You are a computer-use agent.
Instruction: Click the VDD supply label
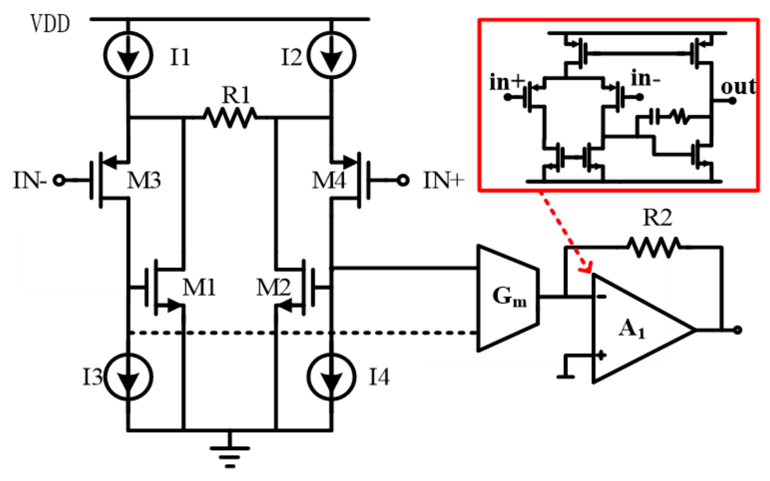50,24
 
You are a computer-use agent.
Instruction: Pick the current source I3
128,377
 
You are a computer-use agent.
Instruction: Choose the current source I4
331,376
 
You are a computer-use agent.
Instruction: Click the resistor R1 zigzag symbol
230,118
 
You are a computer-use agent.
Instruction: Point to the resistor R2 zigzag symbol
654,247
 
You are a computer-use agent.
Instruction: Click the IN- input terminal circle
59,180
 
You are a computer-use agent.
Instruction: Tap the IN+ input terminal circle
403,180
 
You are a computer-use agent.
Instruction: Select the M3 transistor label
144,180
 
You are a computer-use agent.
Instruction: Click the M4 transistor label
329,180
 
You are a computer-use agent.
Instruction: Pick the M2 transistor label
273,288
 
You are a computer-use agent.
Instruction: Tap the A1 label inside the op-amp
632,329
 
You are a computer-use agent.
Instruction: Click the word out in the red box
738,87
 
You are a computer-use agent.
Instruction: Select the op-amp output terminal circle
738,330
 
